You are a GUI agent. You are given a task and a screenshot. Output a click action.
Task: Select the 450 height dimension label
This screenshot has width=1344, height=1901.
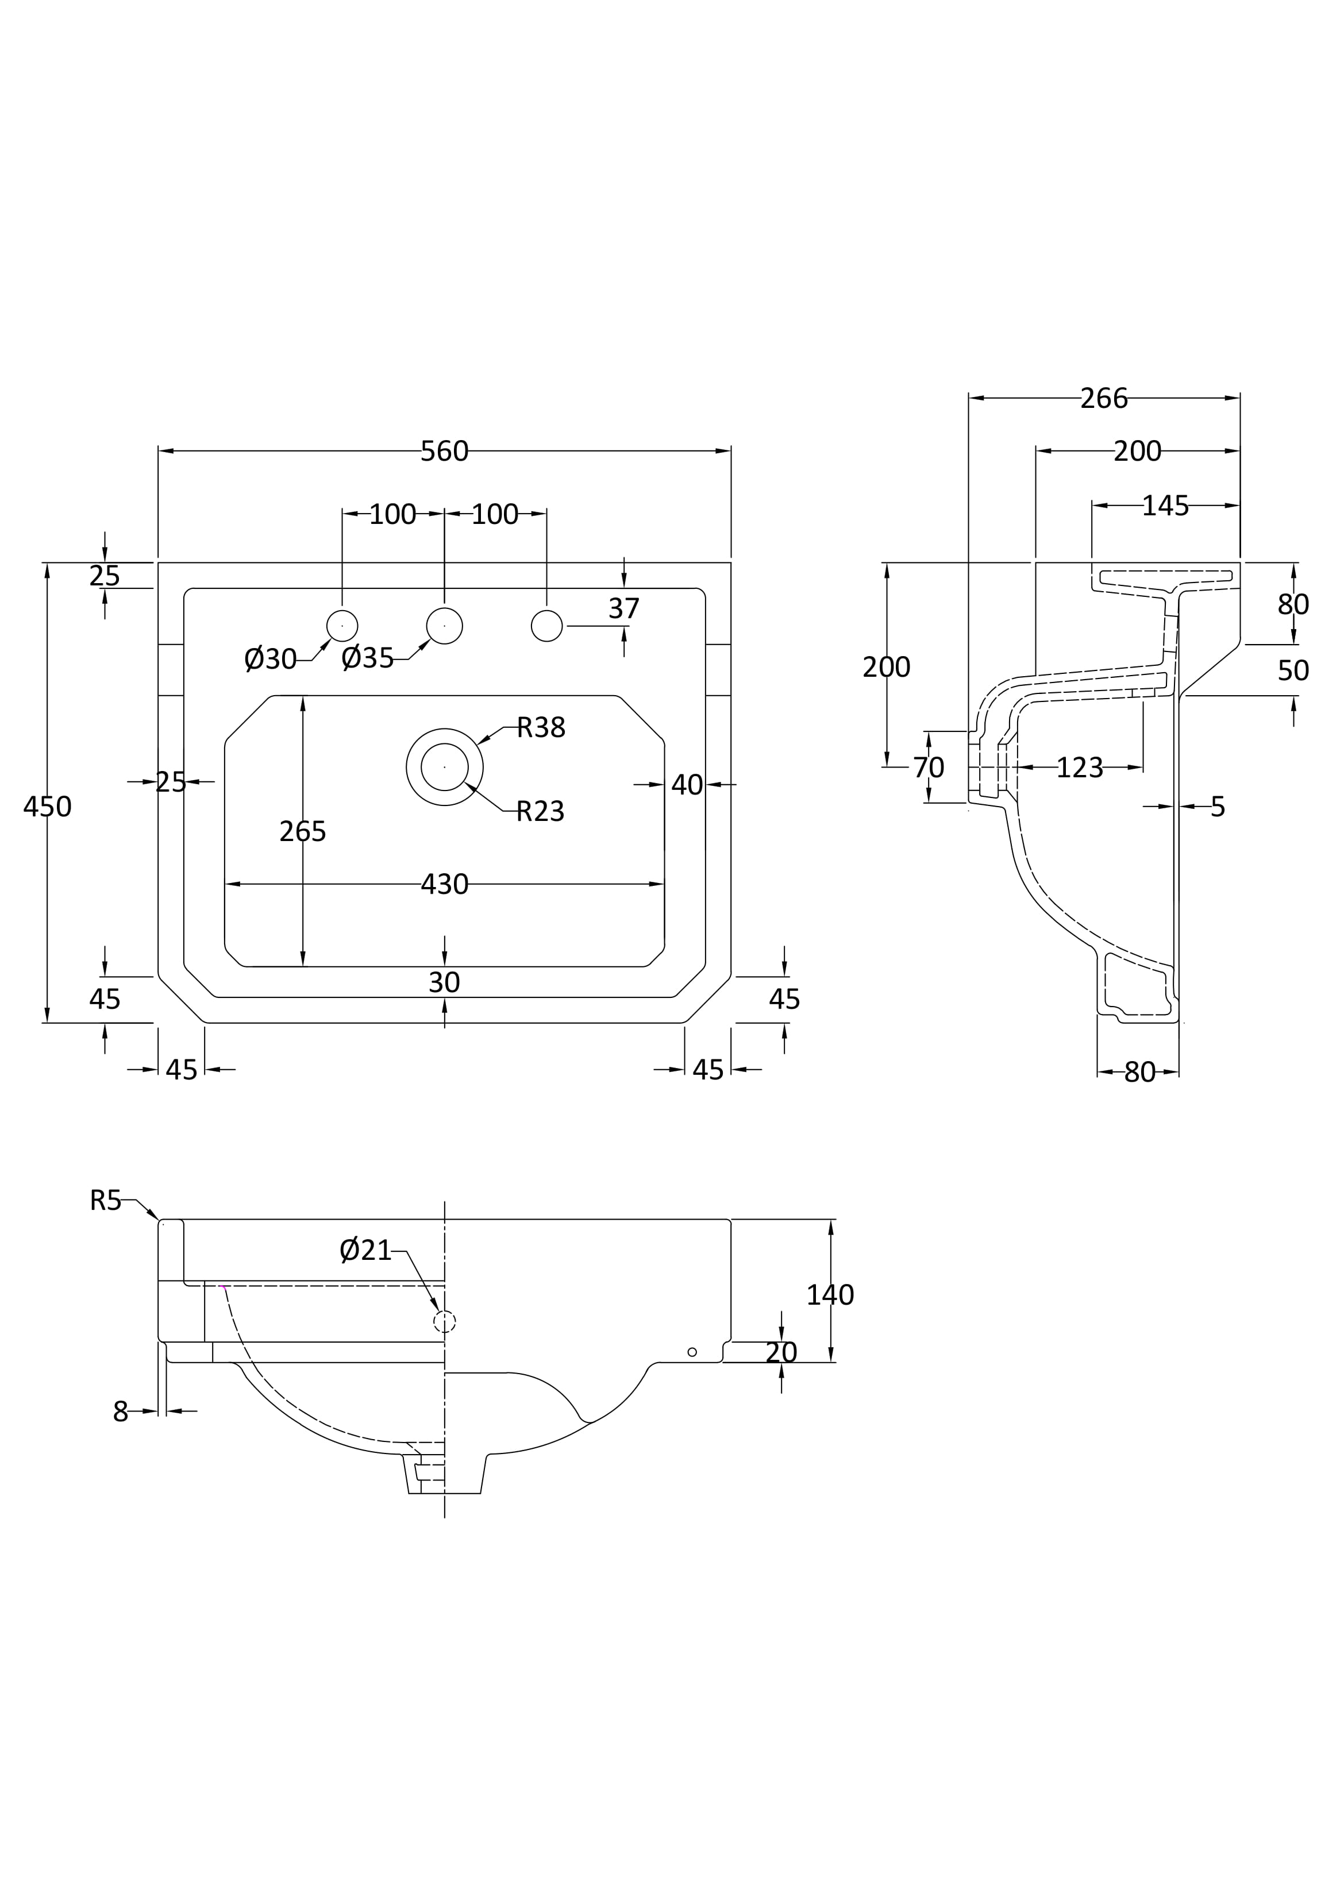click(47, 807)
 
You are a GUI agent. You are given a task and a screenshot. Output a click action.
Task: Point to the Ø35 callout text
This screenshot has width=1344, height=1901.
click(368, 659)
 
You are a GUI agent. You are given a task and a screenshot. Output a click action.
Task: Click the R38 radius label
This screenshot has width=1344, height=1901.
click(541, 728)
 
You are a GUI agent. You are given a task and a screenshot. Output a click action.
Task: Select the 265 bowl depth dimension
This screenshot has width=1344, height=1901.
click(303, 831)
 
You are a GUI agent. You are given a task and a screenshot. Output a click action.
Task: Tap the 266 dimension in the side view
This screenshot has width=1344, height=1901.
click(1104, 399)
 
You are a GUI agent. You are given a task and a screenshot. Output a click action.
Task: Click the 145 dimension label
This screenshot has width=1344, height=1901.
click(1165, 506)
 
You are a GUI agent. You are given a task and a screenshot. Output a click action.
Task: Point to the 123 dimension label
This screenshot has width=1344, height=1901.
click(1079, 768)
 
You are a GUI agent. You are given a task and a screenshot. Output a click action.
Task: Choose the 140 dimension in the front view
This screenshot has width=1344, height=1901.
click(830, 1295)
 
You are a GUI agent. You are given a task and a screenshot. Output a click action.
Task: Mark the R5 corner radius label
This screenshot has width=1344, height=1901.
click(105, 1201)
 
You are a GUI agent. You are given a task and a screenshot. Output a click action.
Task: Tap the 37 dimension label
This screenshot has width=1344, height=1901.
click(623, 610)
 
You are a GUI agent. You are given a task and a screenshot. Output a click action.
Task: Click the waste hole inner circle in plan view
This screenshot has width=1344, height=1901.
click(445, 767)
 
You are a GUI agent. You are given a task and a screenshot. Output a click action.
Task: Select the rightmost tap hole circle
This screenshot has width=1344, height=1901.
click(546, 626)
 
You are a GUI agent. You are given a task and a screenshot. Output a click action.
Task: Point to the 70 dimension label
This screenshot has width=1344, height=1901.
click(929, 768)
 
